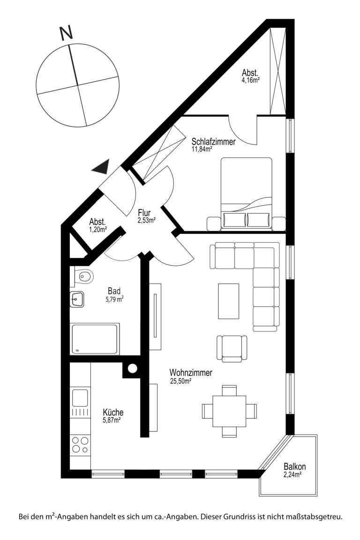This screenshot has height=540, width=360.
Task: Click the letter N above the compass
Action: tap(66, 34)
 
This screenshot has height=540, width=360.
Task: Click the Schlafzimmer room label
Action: tap(214, 142)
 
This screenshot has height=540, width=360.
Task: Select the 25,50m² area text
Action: tap(180, 381)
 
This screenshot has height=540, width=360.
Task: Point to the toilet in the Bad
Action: tap(84, 276)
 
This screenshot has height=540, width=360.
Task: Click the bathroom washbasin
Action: tap(77, 299)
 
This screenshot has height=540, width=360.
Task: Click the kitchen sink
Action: tap(80, 398)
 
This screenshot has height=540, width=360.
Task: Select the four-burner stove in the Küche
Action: tap(80, 445)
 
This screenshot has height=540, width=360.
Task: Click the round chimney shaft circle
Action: tap(132, 368)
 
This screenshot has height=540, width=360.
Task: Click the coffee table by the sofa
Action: tap(228, 301)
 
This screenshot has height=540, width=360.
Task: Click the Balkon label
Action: tap(294, 467)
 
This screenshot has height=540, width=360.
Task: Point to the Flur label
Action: tap(144, 213)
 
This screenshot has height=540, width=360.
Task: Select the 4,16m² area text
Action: tap(250, 80)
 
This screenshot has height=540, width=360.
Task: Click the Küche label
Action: tap(113, 412)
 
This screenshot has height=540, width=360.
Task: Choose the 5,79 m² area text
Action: tap(114, 300)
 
